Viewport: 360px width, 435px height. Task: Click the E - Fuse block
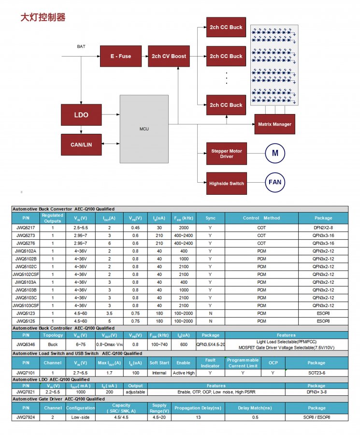[121, 57]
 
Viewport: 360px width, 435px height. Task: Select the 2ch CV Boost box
[169, 57]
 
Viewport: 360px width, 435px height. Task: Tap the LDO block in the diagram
[81, 115]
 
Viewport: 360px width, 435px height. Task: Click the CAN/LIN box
[81, 145]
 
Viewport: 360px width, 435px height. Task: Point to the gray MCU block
[144, 129]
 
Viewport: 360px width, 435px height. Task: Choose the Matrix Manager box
[275, 124]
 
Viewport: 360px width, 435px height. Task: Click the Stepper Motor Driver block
[227, 154]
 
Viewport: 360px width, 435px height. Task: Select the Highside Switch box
[227, 183]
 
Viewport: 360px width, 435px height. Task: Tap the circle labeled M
[275, 153]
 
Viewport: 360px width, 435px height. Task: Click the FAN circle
[275, 182]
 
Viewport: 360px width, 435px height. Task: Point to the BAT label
[81, 46]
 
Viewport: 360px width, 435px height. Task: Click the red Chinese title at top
[43, 17]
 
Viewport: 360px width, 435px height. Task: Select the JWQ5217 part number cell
[26, 228]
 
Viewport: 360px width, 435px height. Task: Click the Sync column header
[211, 218]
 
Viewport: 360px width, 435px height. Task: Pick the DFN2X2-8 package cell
[323, 228]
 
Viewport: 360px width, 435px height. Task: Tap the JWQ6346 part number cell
[26, 345]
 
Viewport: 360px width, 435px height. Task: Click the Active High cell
[184, 373]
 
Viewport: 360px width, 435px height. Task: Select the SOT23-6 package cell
[317, 373]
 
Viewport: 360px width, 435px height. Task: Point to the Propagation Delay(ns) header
[198, 408]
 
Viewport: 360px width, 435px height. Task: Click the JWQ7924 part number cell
[26, 417]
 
